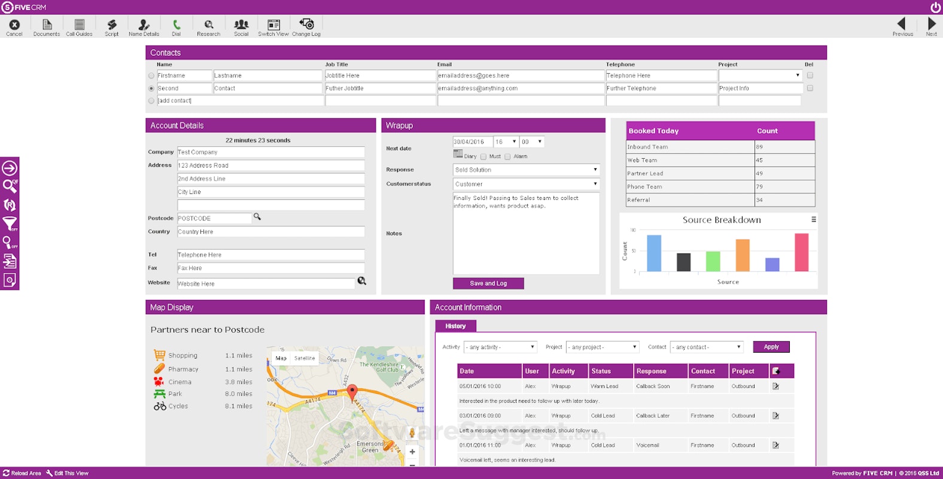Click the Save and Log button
click(x=488, y=283)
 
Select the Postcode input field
click(x=214, y=219)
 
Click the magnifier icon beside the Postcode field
click(x=257, y=217)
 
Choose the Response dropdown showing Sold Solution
click(x=526, y=170)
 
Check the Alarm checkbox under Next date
click(x=507, y=157)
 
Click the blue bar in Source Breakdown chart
click(x=654, y=253)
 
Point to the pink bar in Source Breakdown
click(x=801, y=252)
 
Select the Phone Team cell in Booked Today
click(x=690, y=187)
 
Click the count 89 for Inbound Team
click(x=784, y=147)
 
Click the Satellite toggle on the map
click(x=305, y=358)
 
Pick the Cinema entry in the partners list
click(x=180, y=382)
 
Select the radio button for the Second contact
click(x=151, y=89)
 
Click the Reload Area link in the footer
click(x=22, y=473)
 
